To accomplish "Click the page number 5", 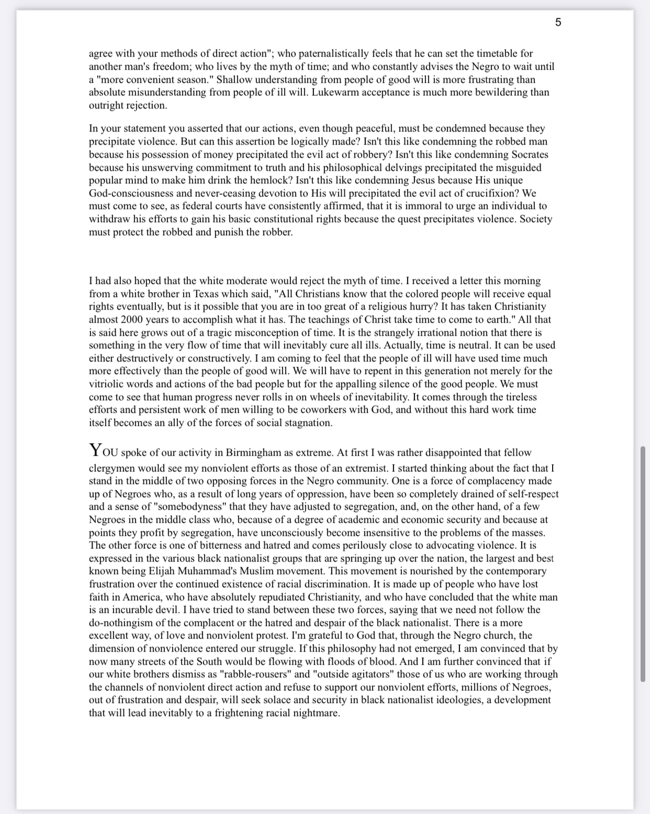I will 558,22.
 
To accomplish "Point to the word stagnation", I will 308,423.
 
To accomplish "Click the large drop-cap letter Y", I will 95,450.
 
